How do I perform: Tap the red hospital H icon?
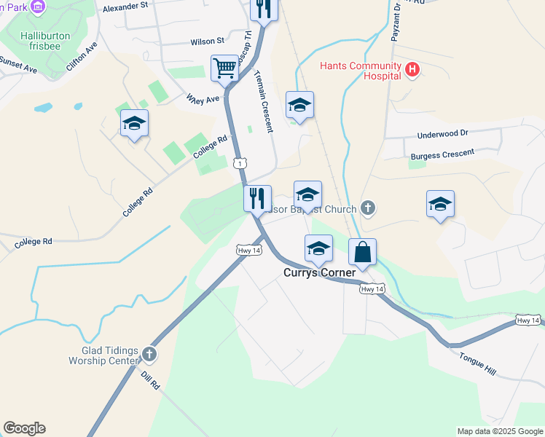(412, 71)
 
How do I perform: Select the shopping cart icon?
(225, 68)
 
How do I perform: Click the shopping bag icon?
(362, 253)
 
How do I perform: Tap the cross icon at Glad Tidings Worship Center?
(149, 355)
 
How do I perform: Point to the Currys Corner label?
(319, 273)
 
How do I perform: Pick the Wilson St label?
(208, 42)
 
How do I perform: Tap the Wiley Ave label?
(203, 98)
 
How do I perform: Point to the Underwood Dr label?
(442, 135)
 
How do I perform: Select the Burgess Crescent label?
(442, 154)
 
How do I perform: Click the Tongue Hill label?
(477, 363)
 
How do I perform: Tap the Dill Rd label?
(150, 378)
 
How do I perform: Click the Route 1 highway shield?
(240, 163)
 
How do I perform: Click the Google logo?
(24, 428)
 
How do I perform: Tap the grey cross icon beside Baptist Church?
(368, 209)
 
